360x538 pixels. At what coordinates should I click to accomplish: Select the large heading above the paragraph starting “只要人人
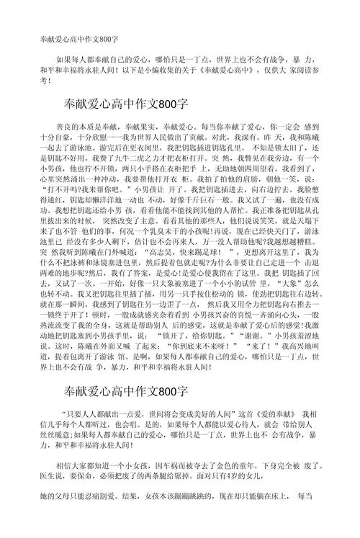(126, 391)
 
